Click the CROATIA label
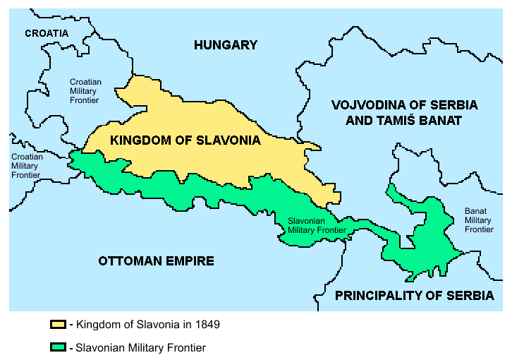pyautogui.click(x=47, y=33)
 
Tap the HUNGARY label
pyautogui.click(x=226, y=45)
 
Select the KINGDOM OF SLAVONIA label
pyautogui.click(x=185, y=140)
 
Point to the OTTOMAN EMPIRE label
pyautogui.click(x=156, y=261)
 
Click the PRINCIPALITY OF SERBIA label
pyautogui.click(x=415, y=296)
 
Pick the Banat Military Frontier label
pyautogui.click(x=479, y=220)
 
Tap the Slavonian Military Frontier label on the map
pyautogui.click(x=317, y=225)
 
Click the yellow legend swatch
pyautogui.click(x=57, y=325)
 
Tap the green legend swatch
pyautogui.click(x=57, y=348)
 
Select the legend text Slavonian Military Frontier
pyautogui.click(x=140, y=348)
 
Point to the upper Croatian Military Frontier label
pyautogui.click(x=85, y=92)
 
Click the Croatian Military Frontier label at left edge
pyautogui.click(x=25, y=166)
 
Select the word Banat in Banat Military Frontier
pyautogui.click(x=477, y=211)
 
